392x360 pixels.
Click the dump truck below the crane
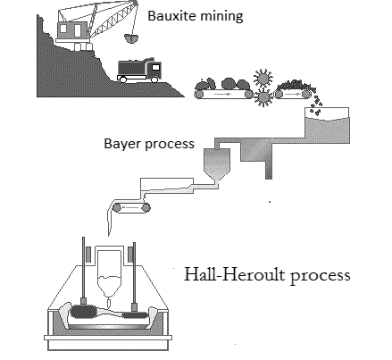pos(139,70)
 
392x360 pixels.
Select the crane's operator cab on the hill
pos(69,32)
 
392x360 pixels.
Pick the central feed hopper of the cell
pos(111,267)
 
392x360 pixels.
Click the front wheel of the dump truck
pos(153,79)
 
